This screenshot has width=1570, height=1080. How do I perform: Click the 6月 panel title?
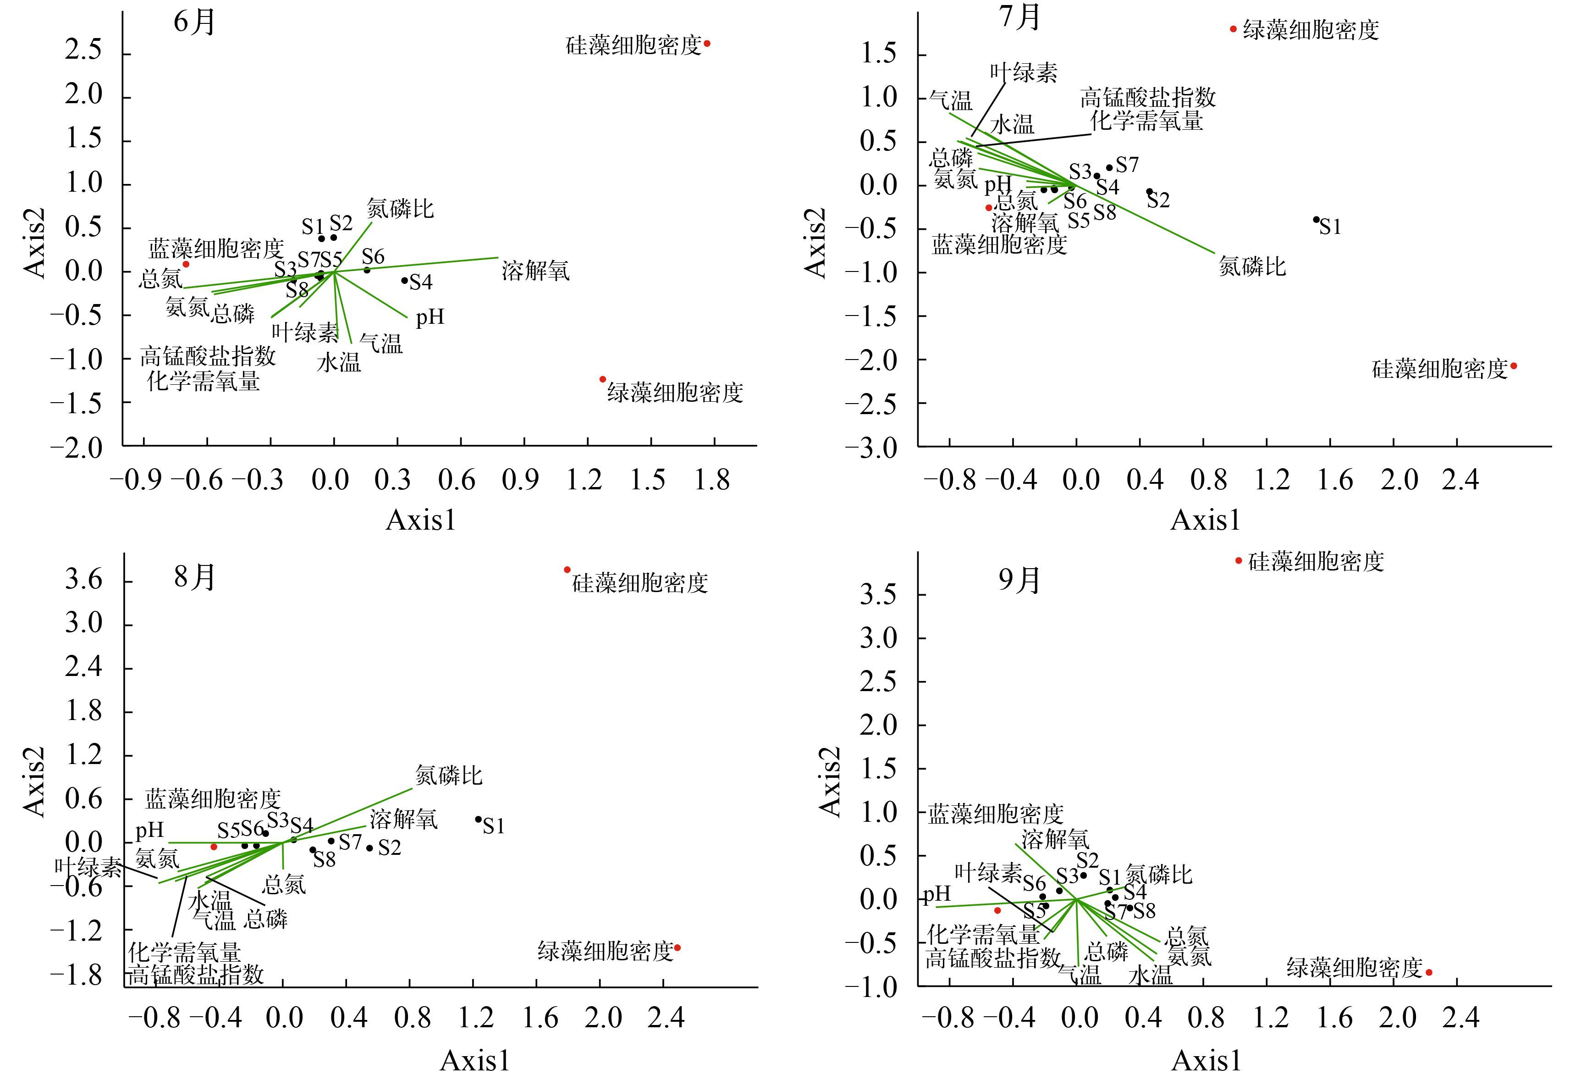pos(194,22)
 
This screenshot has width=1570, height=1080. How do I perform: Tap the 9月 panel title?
pos(1019,580)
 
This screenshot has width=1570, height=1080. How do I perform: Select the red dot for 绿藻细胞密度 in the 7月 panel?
pos(1233,29)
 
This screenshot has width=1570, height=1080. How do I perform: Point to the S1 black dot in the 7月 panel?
pos(1316,219)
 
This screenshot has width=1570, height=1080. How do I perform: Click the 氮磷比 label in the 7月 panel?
pos(1252,266)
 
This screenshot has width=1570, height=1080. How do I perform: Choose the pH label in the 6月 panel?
pos(430,317)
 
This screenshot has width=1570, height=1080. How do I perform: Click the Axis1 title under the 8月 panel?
pos(475,1060)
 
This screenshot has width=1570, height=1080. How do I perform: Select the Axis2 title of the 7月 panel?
pos(816,242)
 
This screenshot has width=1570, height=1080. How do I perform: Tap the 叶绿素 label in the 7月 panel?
pos(1024,73)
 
